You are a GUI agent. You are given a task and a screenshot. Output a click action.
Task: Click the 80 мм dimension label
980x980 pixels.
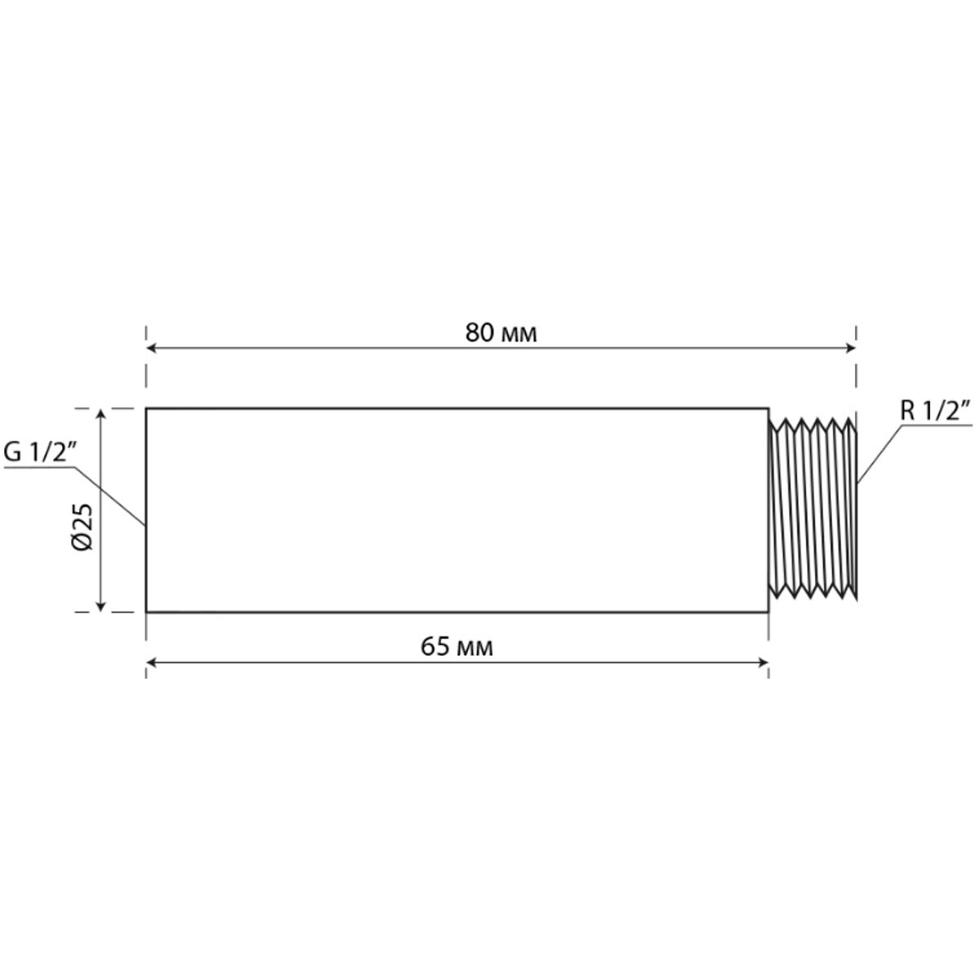click(x=501, y=333)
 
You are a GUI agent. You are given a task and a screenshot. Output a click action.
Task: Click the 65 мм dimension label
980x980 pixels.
click(x=457, y=647)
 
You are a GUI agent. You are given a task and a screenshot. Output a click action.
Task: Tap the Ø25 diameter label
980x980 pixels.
click(x=83, y=527)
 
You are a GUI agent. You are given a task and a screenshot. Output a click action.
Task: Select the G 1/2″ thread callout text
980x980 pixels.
click(x=40, y=452)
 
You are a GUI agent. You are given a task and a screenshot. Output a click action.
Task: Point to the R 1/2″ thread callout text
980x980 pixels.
click(x=936, y=411)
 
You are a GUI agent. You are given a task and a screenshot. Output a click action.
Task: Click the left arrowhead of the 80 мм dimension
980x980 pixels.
click(x=151, y=349)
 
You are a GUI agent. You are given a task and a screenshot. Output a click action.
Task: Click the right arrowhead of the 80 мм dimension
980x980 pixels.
click(x=851, y=349)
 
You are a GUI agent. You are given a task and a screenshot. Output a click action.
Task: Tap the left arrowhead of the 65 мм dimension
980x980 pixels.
click(x=151, y=662)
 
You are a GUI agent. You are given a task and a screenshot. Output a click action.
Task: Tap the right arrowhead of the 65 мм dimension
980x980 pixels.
click(x=764, y=662)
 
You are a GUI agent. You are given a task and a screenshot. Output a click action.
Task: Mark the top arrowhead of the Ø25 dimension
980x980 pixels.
click(x=100, y=413)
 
